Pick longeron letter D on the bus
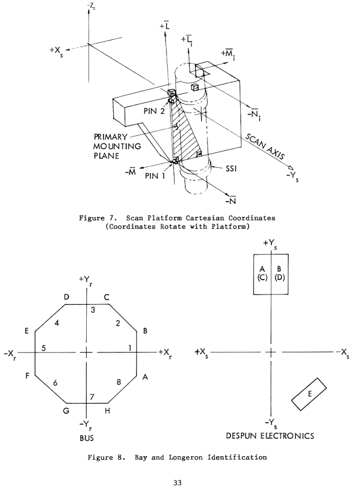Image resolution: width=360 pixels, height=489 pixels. [x=65, y=297]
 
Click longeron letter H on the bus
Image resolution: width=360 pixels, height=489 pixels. [x=108, y=411]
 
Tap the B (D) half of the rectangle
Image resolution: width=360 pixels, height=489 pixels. [x=280, y=273]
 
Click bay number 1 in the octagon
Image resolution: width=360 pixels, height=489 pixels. [x=130, y=348]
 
